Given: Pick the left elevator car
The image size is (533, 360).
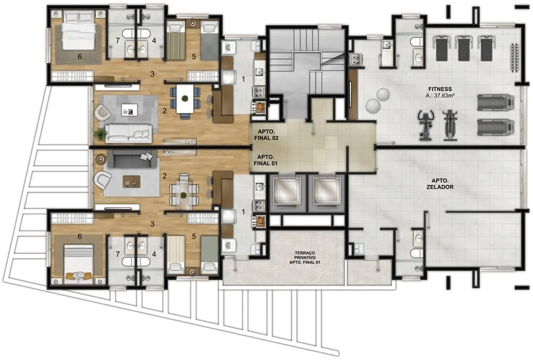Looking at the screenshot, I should tap(287, 191).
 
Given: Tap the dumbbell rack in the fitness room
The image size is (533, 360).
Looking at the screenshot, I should tap(515, 55).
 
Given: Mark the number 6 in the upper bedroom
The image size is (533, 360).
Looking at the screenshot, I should tap(80, 56).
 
